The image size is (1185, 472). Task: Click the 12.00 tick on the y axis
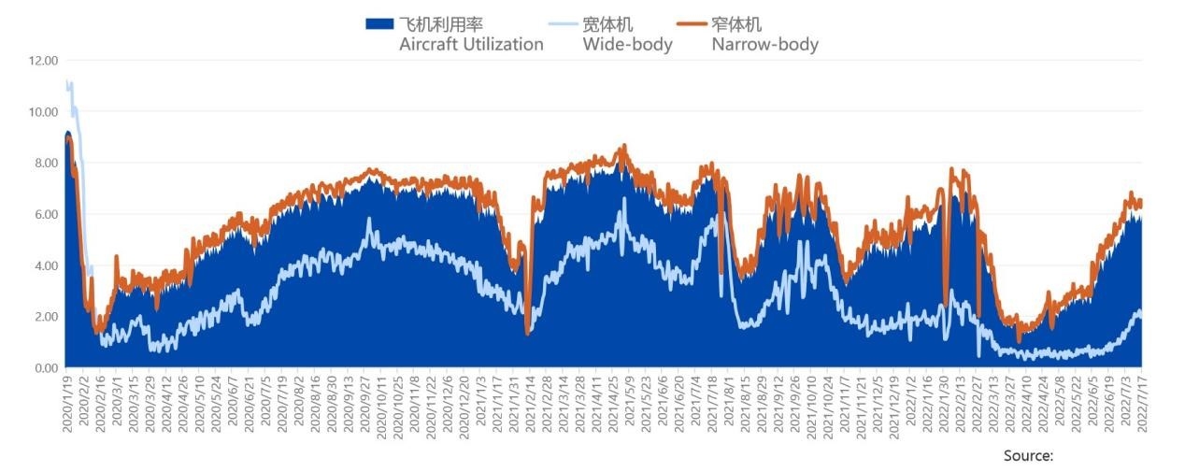pos(43,61)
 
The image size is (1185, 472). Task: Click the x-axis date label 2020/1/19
pos(67,404)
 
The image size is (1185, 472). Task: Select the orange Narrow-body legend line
pos(690,24)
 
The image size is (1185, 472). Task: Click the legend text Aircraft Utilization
pos(471,44)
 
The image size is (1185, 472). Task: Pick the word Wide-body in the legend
pos(627,44)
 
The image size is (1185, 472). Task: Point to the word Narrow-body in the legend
pos(764,44)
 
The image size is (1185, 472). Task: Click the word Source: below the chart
pos(1028,455)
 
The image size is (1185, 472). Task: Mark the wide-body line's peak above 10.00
pos(67,82)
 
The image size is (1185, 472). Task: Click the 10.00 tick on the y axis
pos(43,112)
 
